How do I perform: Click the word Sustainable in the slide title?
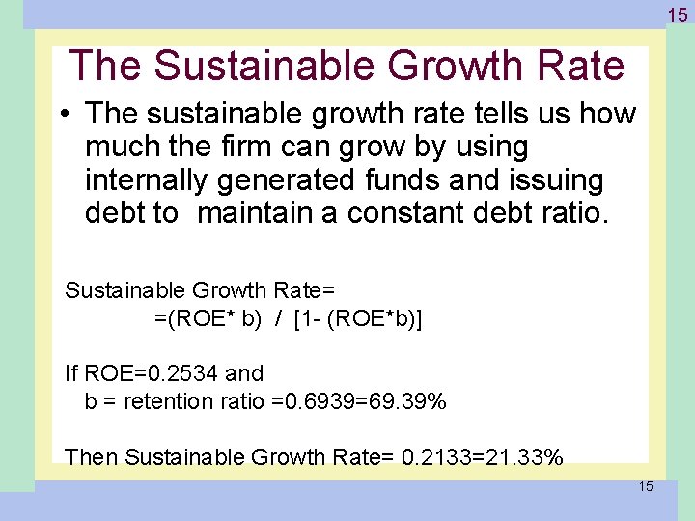click(263, 66)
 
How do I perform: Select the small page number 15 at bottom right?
click(645, 486)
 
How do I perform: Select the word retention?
click(164, 400)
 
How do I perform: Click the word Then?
click(92, 456)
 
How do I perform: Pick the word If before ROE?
click(71, 373)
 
